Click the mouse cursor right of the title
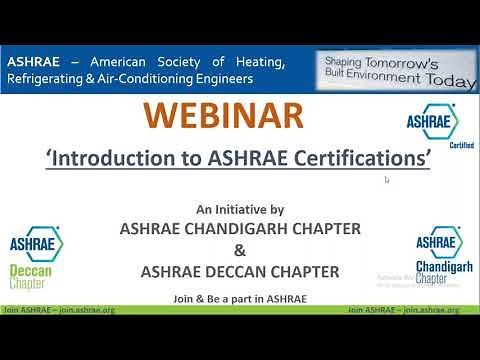387,180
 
